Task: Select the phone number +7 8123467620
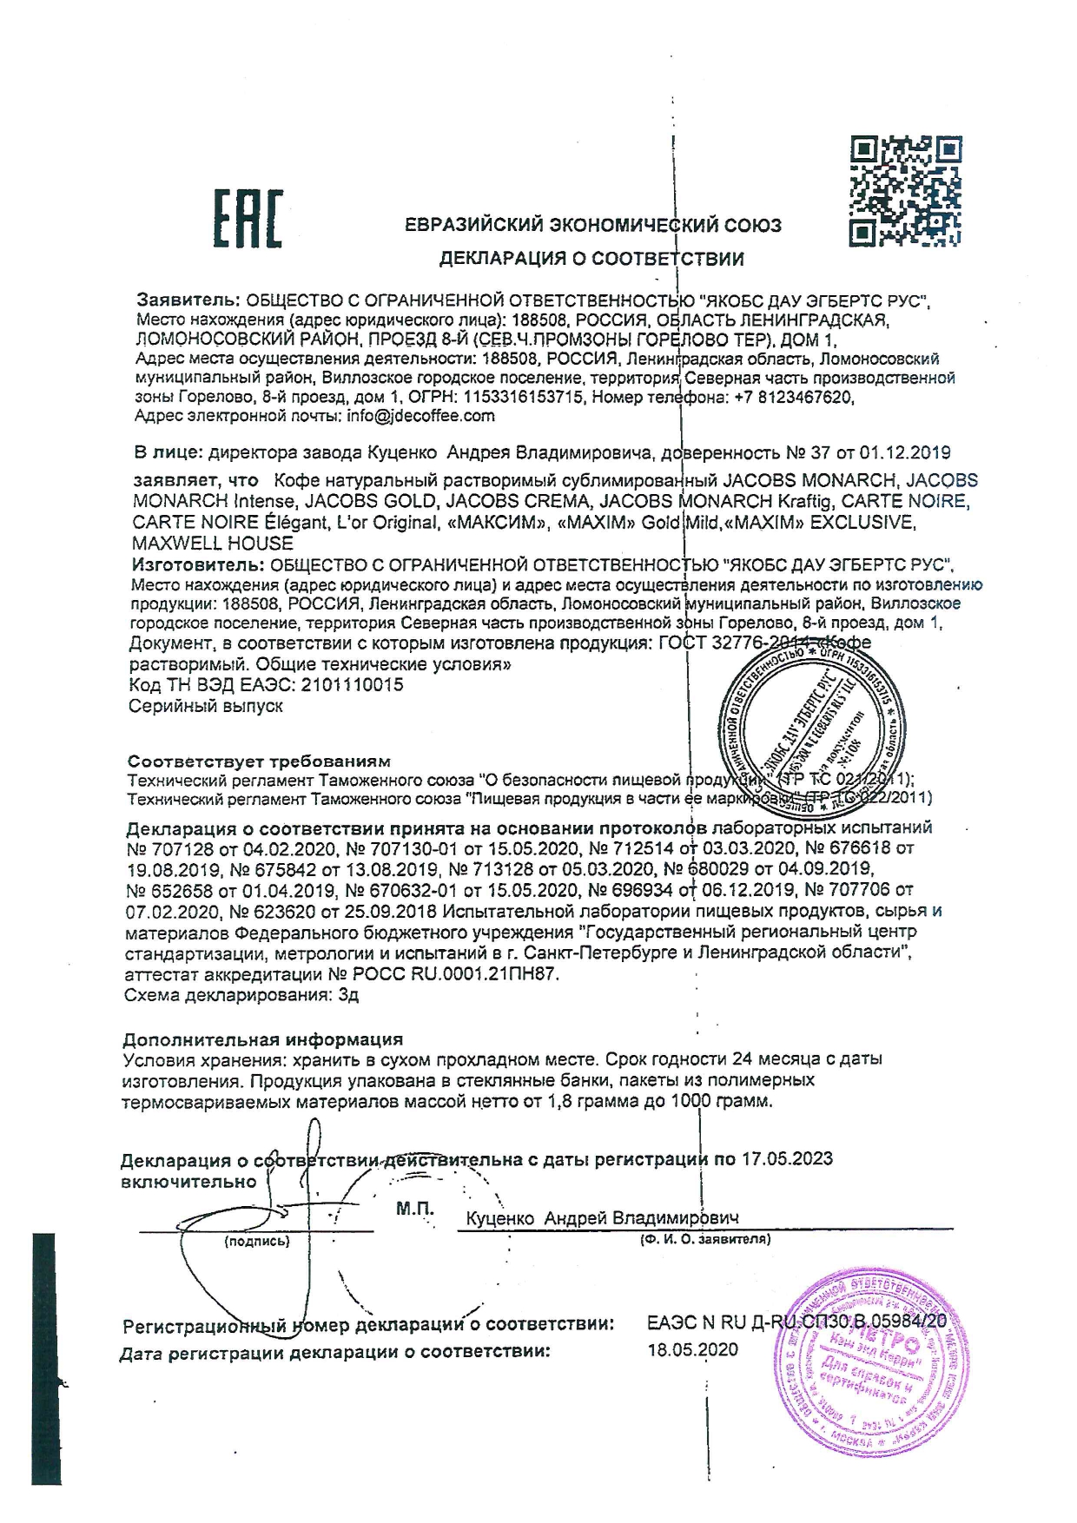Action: [794, 397]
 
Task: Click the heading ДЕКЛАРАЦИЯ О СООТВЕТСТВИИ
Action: [591, 259]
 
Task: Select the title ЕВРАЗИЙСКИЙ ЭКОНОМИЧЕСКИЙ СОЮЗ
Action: [593, 226]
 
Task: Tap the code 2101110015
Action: [352, 685]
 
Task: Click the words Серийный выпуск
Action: [206, 706]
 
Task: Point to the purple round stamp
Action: [878, 1364]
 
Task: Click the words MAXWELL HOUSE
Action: [213, 544]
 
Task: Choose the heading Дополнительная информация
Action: [262, 1039]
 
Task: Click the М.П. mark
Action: [414, 1209]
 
